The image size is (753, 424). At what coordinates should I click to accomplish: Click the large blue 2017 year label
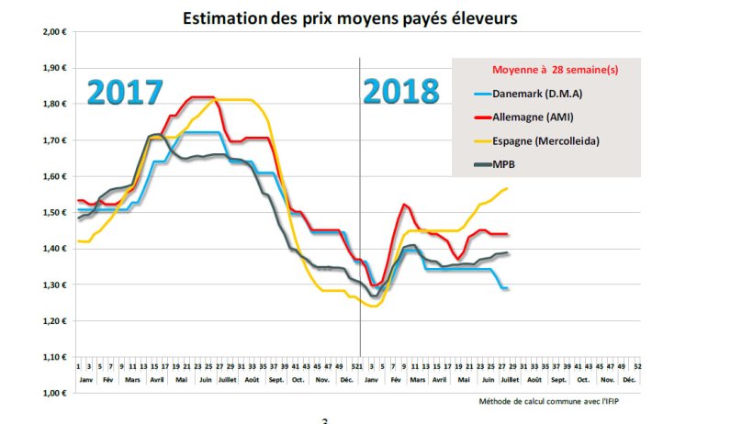coord(126,93)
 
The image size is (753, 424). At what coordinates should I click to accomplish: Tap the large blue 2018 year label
coord(400,92)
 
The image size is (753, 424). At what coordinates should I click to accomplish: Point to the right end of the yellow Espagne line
coord(508,188)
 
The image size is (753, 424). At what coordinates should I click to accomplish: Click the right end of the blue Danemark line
coord(508,289)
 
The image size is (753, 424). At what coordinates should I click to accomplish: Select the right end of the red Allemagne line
coord(508,234)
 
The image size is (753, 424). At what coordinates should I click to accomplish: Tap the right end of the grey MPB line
coord(508,253)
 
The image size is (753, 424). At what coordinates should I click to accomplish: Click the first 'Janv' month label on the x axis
coord(85,378)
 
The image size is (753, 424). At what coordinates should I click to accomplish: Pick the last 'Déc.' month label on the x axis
coord(629,378)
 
